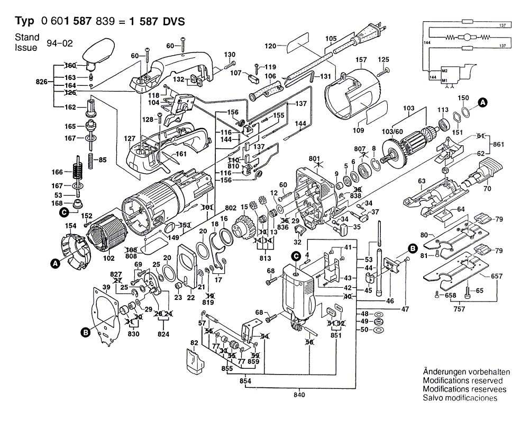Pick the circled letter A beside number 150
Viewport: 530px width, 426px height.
click(482, 102)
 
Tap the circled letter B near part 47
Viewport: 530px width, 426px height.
click(412, 247)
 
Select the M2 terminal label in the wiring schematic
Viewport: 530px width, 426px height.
click(445, 71)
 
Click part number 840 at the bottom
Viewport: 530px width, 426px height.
click(299, 395)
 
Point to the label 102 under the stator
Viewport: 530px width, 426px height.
click(108, 259)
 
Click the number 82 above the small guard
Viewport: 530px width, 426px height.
click(194, 344)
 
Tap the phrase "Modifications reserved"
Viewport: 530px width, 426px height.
click(463, 380)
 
